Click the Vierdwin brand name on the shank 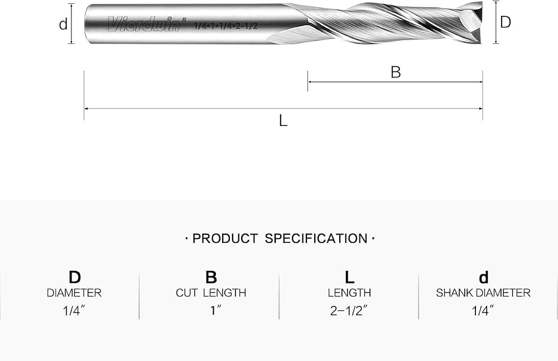click(x=144, y=24)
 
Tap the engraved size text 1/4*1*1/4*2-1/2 click(x=225, y=26)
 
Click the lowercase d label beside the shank click(x=63, y=24)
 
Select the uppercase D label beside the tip click(x=506, y=22)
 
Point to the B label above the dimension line click(x=396, y=72)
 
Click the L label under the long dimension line click(x=283, y=121)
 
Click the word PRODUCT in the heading click(x=225, y=238)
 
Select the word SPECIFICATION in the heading click(x=316, y=238)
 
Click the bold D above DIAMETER click(x=75, y=277)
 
